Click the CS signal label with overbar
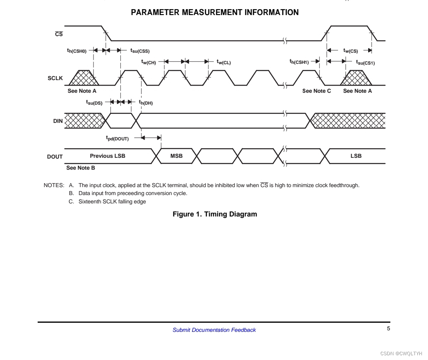[59, 34]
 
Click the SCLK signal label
[55, 78]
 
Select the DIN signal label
[58, 121]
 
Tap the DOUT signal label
[55, 157]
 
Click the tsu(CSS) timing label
[140, 51]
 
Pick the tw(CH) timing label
[149, 62]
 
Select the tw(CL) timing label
[224, 62]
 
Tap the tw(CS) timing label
[350, 51]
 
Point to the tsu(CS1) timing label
[365, 62]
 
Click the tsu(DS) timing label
[94, 103]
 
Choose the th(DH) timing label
[145, 103]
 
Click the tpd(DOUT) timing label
[117, 138]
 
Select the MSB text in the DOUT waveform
[176, 156]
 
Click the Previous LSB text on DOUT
[107, 156]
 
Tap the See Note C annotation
[316, 91]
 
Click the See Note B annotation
[80, 168]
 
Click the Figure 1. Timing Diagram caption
[215, 214]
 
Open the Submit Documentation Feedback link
[214, 330]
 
